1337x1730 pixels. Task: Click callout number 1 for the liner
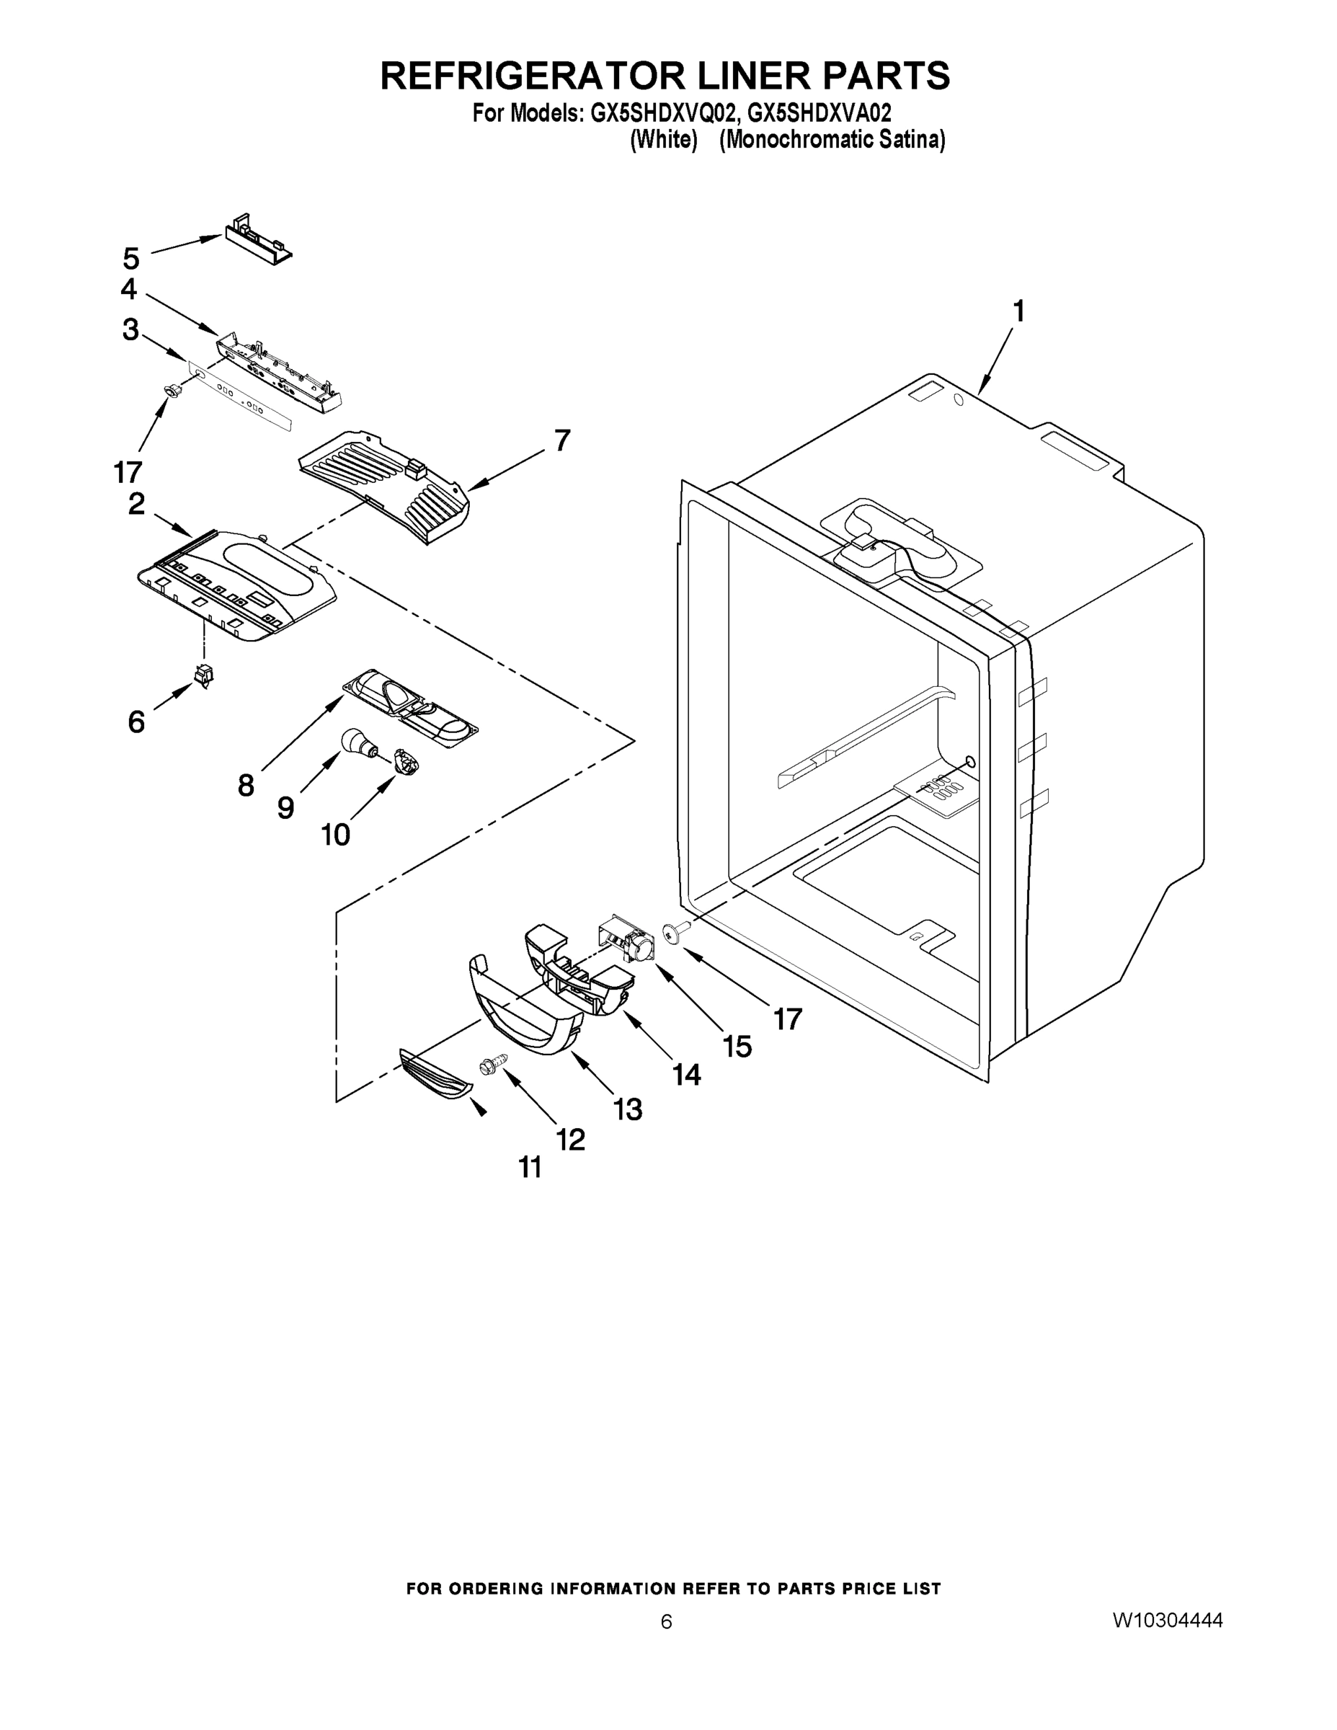(x=1018, y=311)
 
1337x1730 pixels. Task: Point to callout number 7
(x=561, y=440)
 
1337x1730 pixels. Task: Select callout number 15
(x=737, y=1047)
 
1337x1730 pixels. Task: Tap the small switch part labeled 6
(x=203, y=675)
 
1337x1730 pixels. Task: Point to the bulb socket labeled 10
(x=407, y=763)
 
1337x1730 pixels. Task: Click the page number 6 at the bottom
(x=666, y=1620)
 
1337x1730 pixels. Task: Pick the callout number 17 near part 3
(x=128, y=471)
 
